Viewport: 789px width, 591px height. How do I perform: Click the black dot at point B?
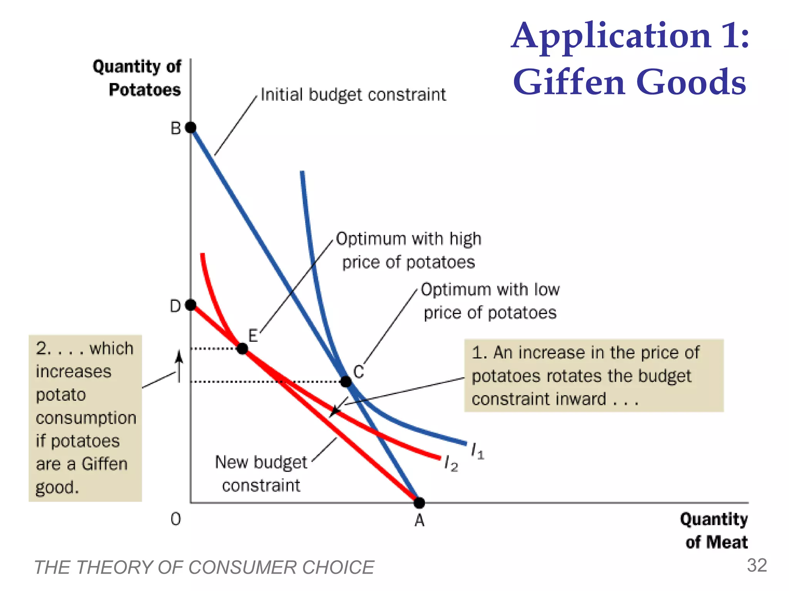[191, 127]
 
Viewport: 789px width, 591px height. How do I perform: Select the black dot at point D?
[191, 305]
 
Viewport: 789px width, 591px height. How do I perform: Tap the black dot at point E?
[242, 349]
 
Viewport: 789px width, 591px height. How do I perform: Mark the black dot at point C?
[346, 382]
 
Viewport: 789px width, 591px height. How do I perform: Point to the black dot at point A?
[419, 503]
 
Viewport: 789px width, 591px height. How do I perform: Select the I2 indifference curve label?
[451, 464]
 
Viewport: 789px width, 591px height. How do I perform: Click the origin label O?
[176, 519]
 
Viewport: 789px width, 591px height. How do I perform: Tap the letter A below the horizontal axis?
[420, 521]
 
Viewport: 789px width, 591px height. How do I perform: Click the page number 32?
[757, 566]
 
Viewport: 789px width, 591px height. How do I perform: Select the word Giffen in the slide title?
[569, 82]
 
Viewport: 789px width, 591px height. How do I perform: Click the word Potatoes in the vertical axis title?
[145, 90]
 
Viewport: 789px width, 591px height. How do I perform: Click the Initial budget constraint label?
[353, 95]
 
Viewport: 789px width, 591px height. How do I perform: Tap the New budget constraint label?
[261, 474]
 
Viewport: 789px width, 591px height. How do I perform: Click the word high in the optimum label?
[465, 239]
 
